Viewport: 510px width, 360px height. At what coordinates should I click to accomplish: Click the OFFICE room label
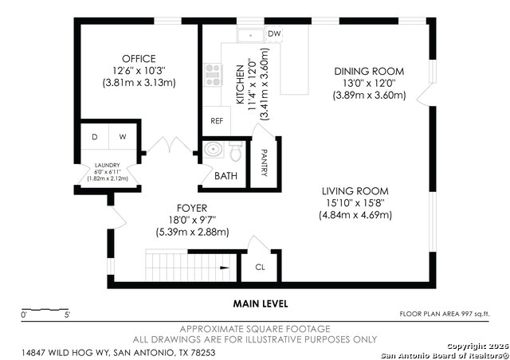pos(139,59)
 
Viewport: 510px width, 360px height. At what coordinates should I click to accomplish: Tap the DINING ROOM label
pos(370,71)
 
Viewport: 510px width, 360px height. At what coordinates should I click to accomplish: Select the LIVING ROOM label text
pos(355,191)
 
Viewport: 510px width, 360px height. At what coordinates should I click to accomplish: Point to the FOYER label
pos(192,208)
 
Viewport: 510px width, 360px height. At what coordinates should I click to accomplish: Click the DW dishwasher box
pos(274,33)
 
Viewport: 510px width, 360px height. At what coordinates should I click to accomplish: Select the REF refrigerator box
pos(216,121)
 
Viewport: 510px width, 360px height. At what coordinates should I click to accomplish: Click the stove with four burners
pos(213,75)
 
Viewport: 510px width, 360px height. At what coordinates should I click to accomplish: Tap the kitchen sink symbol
pos(251,34)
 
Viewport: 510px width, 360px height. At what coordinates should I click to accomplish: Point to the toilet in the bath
pos(236,150)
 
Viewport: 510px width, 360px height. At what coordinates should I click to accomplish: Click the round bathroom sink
pos(211,150)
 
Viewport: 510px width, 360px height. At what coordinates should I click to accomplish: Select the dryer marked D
pos(94,137)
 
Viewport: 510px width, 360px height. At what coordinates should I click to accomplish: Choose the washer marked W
pos(122,137)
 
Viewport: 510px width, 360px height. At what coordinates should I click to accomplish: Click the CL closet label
pos(260,268)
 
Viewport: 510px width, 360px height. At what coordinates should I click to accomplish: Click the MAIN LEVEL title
pos(261,303)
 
